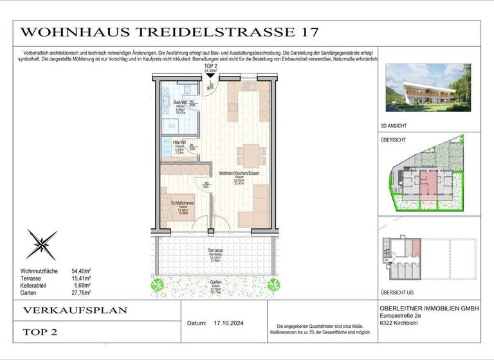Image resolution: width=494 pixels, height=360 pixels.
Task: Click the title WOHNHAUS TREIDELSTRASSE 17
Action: click(169, 32)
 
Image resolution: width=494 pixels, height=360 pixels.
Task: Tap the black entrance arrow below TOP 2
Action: click(210, 76)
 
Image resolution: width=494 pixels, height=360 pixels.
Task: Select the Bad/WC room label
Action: click(181, 102)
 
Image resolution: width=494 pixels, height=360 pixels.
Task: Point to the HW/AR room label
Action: click(180, 143)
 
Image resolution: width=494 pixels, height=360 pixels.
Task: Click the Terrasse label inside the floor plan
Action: click(215, 250)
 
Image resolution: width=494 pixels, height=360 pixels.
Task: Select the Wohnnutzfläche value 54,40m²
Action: click(80, 272)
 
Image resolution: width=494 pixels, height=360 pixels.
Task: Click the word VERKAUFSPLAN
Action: click(75, 310)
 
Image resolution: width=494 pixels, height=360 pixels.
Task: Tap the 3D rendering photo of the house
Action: click(425, 89)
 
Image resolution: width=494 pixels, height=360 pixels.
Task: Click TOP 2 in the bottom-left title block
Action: click(41, 332)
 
